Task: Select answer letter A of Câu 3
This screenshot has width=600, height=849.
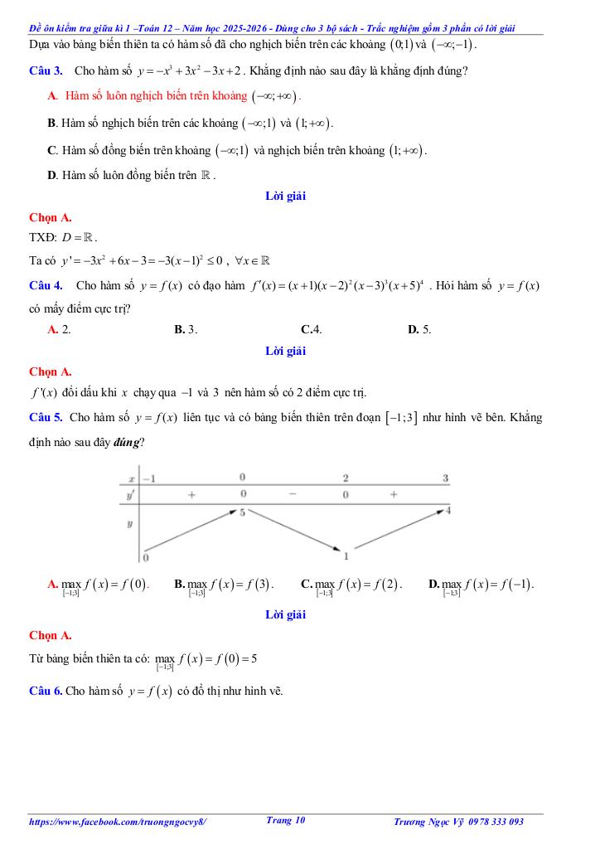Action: tap(51, 96)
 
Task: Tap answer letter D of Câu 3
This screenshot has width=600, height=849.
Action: tap(52, 176)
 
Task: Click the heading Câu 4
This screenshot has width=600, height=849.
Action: tap(46, 285)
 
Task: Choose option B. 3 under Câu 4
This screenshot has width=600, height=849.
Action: tap(185, 329)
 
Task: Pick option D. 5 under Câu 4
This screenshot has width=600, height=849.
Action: tap(419, 329)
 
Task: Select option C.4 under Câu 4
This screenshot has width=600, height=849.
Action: tap(312, 329)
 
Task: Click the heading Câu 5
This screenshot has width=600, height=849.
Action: tap(45, 417)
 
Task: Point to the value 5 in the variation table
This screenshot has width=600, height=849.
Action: tap(242, 513)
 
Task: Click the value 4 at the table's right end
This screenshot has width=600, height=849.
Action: tap(448, 510)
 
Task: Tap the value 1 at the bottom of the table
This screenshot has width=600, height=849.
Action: tap(346, 555)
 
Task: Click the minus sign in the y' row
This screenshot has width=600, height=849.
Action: tap(293, 494)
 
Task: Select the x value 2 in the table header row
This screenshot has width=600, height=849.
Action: tap(346, 478)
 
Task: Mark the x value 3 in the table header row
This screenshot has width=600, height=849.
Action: tap(445, 478)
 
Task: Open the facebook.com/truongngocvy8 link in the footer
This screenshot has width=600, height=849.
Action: tap(117, 822)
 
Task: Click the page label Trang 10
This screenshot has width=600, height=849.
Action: tap(286, 820)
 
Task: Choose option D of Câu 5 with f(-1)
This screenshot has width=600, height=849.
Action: tap(481, 585)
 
